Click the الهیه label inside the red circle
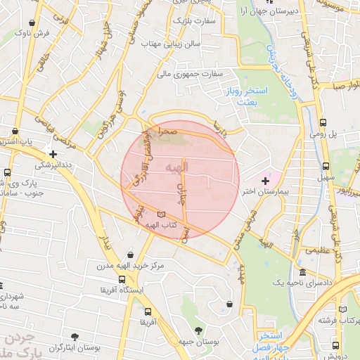tap(176, 168)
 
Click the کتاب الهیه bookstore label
tap(159, 225)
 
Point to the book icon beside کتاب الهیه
tap(162, 214)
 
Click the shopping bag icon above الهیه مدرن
tap(131, 255)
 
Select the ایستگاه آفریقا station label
tap(124, 289)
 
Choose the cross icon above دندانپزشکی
tap(53, 153)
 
